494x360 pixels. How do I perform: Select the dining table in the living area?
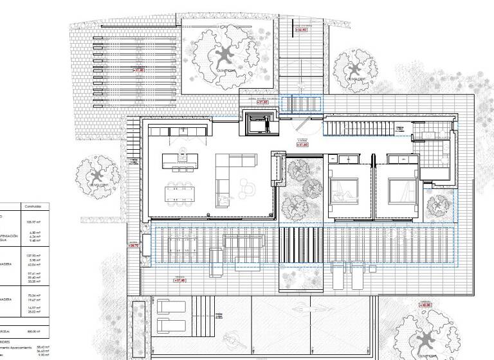181,193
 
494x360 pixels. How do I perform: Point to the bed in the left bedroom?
342,190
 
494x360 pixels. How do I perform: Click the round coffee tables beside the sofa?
246,189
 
